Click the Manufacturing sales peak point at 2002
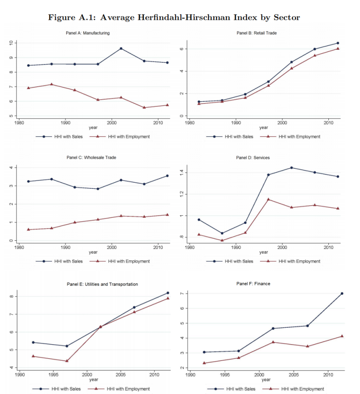pos(121,48)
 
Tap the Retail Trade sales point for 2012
pos(338,43)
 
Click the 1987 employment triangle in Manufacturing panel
pos(51,84)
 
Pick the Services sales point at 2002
pos(291,168)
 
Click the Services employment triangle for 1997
pos(268,200)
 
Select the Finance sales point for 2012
pos(342,294)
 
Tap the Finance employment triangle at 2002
pos(273,342)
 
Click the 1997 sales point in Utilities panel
pos(67,346)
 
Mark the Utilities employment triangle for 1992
pos(33,356)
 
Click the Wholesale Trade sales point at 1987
pos(51,179)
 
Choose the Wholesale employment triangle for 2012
pos(167,215)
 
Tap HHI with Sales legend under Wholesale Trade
pos(68,262)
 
